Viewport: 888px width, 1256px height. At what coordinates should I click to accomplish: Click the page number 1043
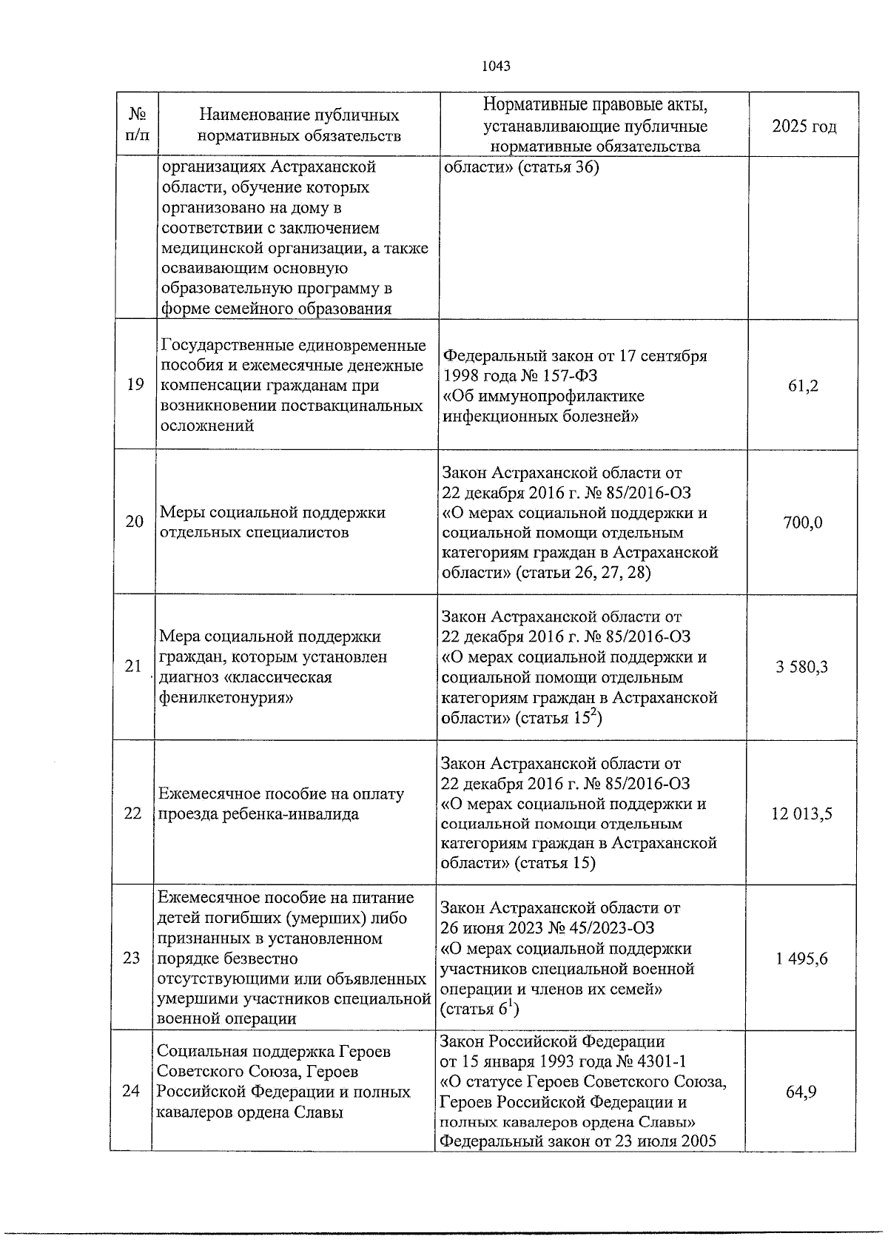click(496, 66)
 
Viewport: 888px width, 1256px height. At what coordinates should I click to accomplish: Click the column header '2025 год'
click(804, 127)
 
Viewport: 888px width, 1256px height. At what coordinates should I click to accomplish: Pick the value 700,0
click(802, 523)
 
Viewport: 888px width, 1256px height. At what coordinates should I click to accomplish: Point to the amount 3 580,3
click(801, 667)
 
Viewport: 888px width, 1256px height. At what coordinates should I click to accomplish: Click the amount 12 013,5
click(801, 814)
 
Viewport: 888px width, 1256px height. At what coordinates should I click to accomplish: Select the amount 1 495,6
click(801, 959)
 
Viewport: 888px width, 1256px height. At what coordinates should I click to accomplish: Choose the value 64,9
click(801, 1092)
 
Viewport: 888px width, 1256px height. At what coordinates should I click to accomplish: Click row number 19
click(135, 386)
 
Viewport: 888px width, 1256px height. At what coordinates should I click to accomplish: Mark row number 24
click(131, 1092)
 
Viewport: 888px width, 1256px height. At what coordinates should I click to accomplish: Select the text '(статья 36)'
click(558, 167)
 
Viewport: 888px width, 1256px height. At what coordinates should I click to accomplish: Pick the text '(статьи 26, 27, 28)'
click(582, 573)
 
